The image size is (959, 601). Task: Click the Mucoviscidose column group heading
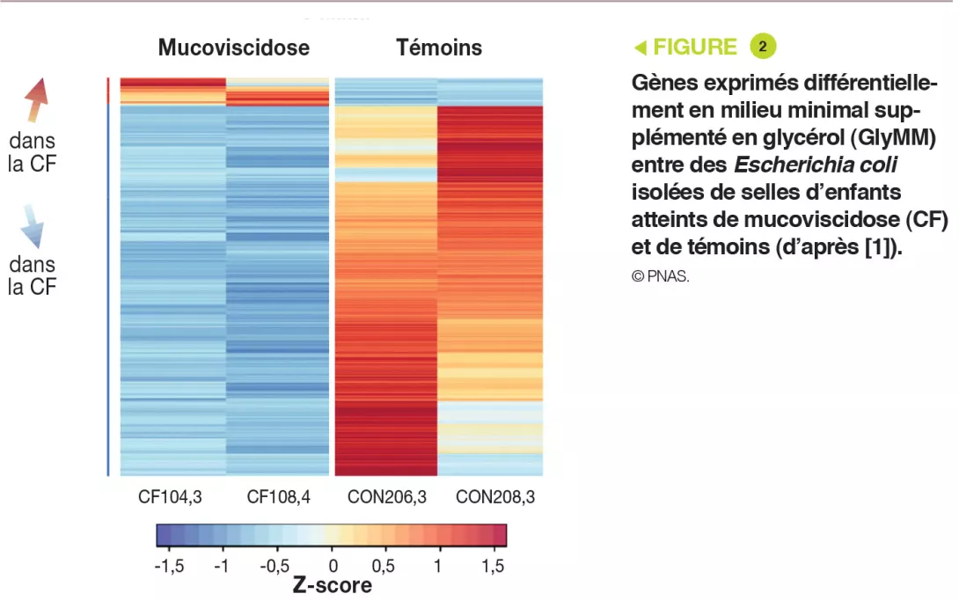pyautogui.click(x=233, y=48)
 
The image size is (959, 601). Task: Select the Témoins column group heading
pyautogui.click(x=439, y=48)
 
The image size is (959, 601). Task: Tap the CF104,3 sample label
pyautogui.click(x=170, y=497)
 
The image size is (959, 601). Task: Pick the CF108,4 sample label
pyautogui.click(x=278, y=497)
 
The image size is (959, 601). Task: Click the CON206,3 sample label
pyautogui.click(x=387, y=497)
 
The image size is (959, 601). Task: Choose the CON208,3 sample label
pyautogui.click(x=494, y=497)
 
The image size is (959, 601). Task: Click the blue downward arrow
pyautogui.click(x=32, y=226)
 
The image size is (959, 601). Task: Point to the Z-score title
pyautogui.click(x=332, y=585)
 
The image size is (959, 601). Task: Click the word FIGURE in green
pyautogui.click(x=694, y=48)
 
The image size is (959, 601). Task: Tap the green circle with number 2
pyautogui.click(x=763, y=47)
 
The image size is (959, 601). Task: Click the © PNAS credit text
pyautogui.click(x=660, y=276)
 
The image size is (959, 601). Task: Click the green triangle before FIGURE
pyautogui.click(x=641, y=48)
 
